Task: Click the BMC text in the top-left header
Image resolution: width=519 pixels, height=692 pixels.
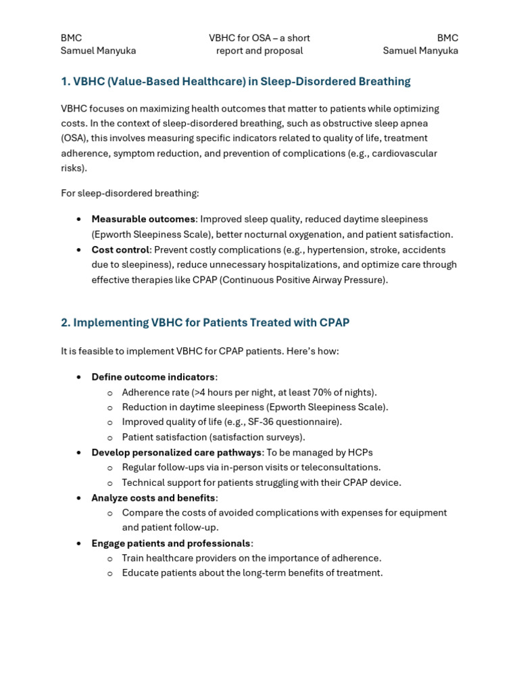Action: (x=71, y=38)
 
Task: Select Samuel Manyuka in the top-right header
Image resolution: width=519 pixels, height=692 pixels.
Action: (x=420, y=51)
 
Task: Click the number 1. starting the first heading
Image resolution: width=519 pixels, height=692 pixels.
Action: (x=66, y=82)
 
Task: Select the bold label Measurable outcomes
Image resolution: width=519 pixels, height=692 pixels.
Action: (x=143, y=220)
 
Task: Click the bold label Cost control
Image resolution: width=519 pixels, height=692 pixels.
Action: (x=120, y=250)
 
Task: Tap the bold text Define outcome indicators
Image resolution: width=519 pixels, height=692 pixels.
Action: (x=153, y=377)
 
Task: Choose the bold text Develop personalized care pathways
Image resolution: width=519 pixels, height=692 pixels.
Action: (x=176, y=453)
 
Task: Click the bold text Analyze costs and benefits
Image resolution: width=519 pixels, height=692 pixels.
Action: (x=153, y=498)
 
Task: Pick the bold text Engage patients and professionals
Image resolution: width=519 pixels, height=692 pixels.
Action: (x=171, y=543)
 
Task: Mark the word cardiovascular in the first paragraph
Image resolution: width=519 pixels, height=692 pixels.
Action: (x=405, y=153)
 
